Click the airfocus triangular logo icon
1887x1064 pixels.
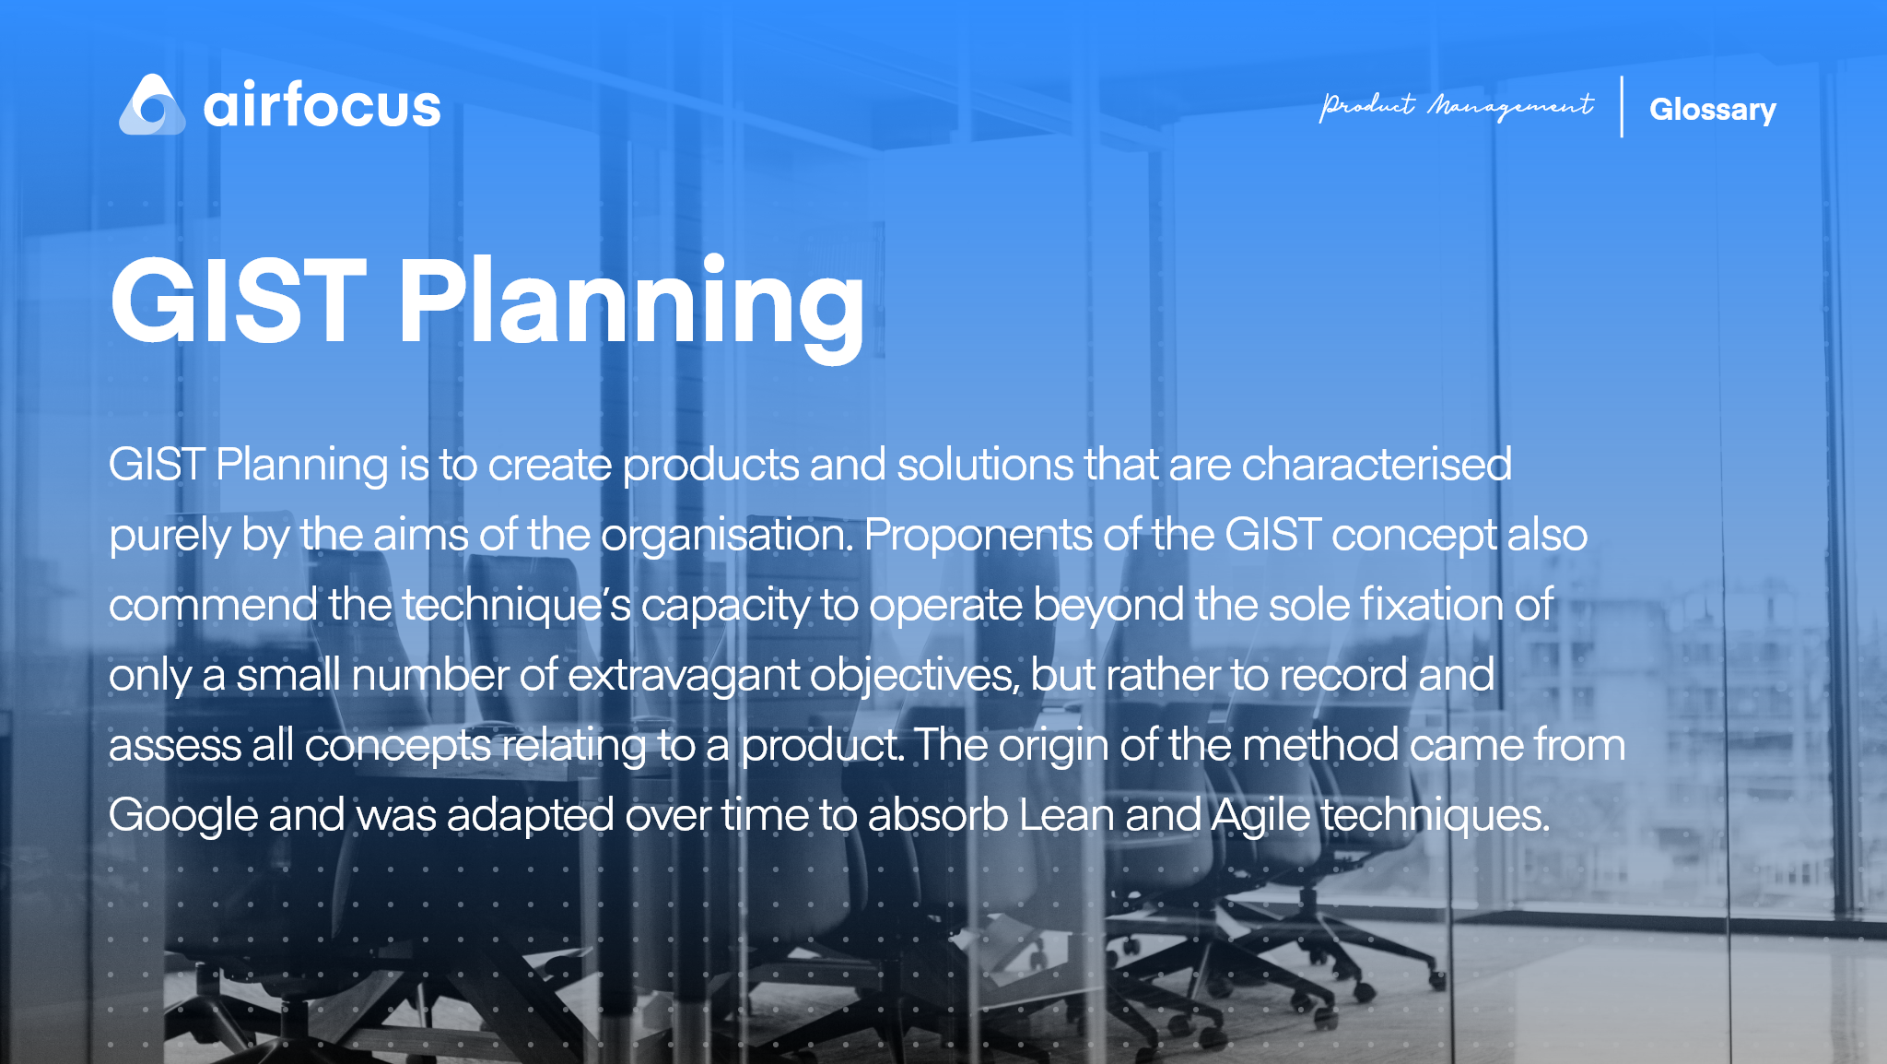152,105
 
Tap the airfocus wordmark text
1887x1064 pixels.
322,104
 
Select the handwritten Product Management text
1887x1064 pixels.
1456,107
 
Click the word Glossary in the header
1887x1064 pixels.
1712,110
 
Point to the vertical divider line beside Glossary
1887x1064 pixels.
1622,107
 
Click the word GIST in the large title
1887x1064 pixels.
239,301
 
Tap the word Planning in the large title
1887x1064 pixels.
631,308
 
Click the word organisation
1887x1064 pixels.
727,536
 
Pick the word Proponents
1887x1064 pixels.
978,536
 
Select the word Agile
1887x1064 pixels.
1260,816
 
